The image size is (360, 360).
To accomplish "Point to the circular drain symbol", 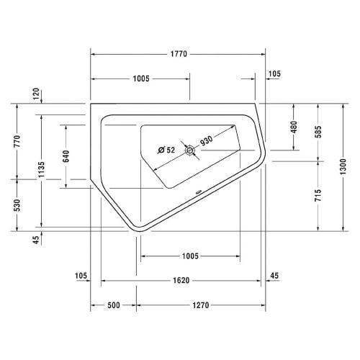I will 190,150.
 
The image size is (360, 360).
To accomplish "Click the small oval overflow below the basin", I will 198,192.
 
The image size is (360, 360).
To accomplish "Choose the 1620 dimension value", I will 181,281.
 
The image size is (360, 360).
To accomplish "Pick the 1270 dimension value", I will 200,305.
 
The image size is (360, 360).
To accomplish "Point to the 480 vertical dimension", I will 294,127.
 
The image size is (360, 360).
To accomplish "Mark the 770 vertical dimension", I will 17,140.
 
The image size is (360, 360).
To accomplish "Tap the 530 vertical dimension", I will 17,204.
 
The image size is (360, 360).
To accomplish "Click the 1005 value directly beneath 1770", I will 140,78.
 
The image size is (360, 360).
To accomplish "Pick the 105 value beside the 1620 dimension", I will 81,275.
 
